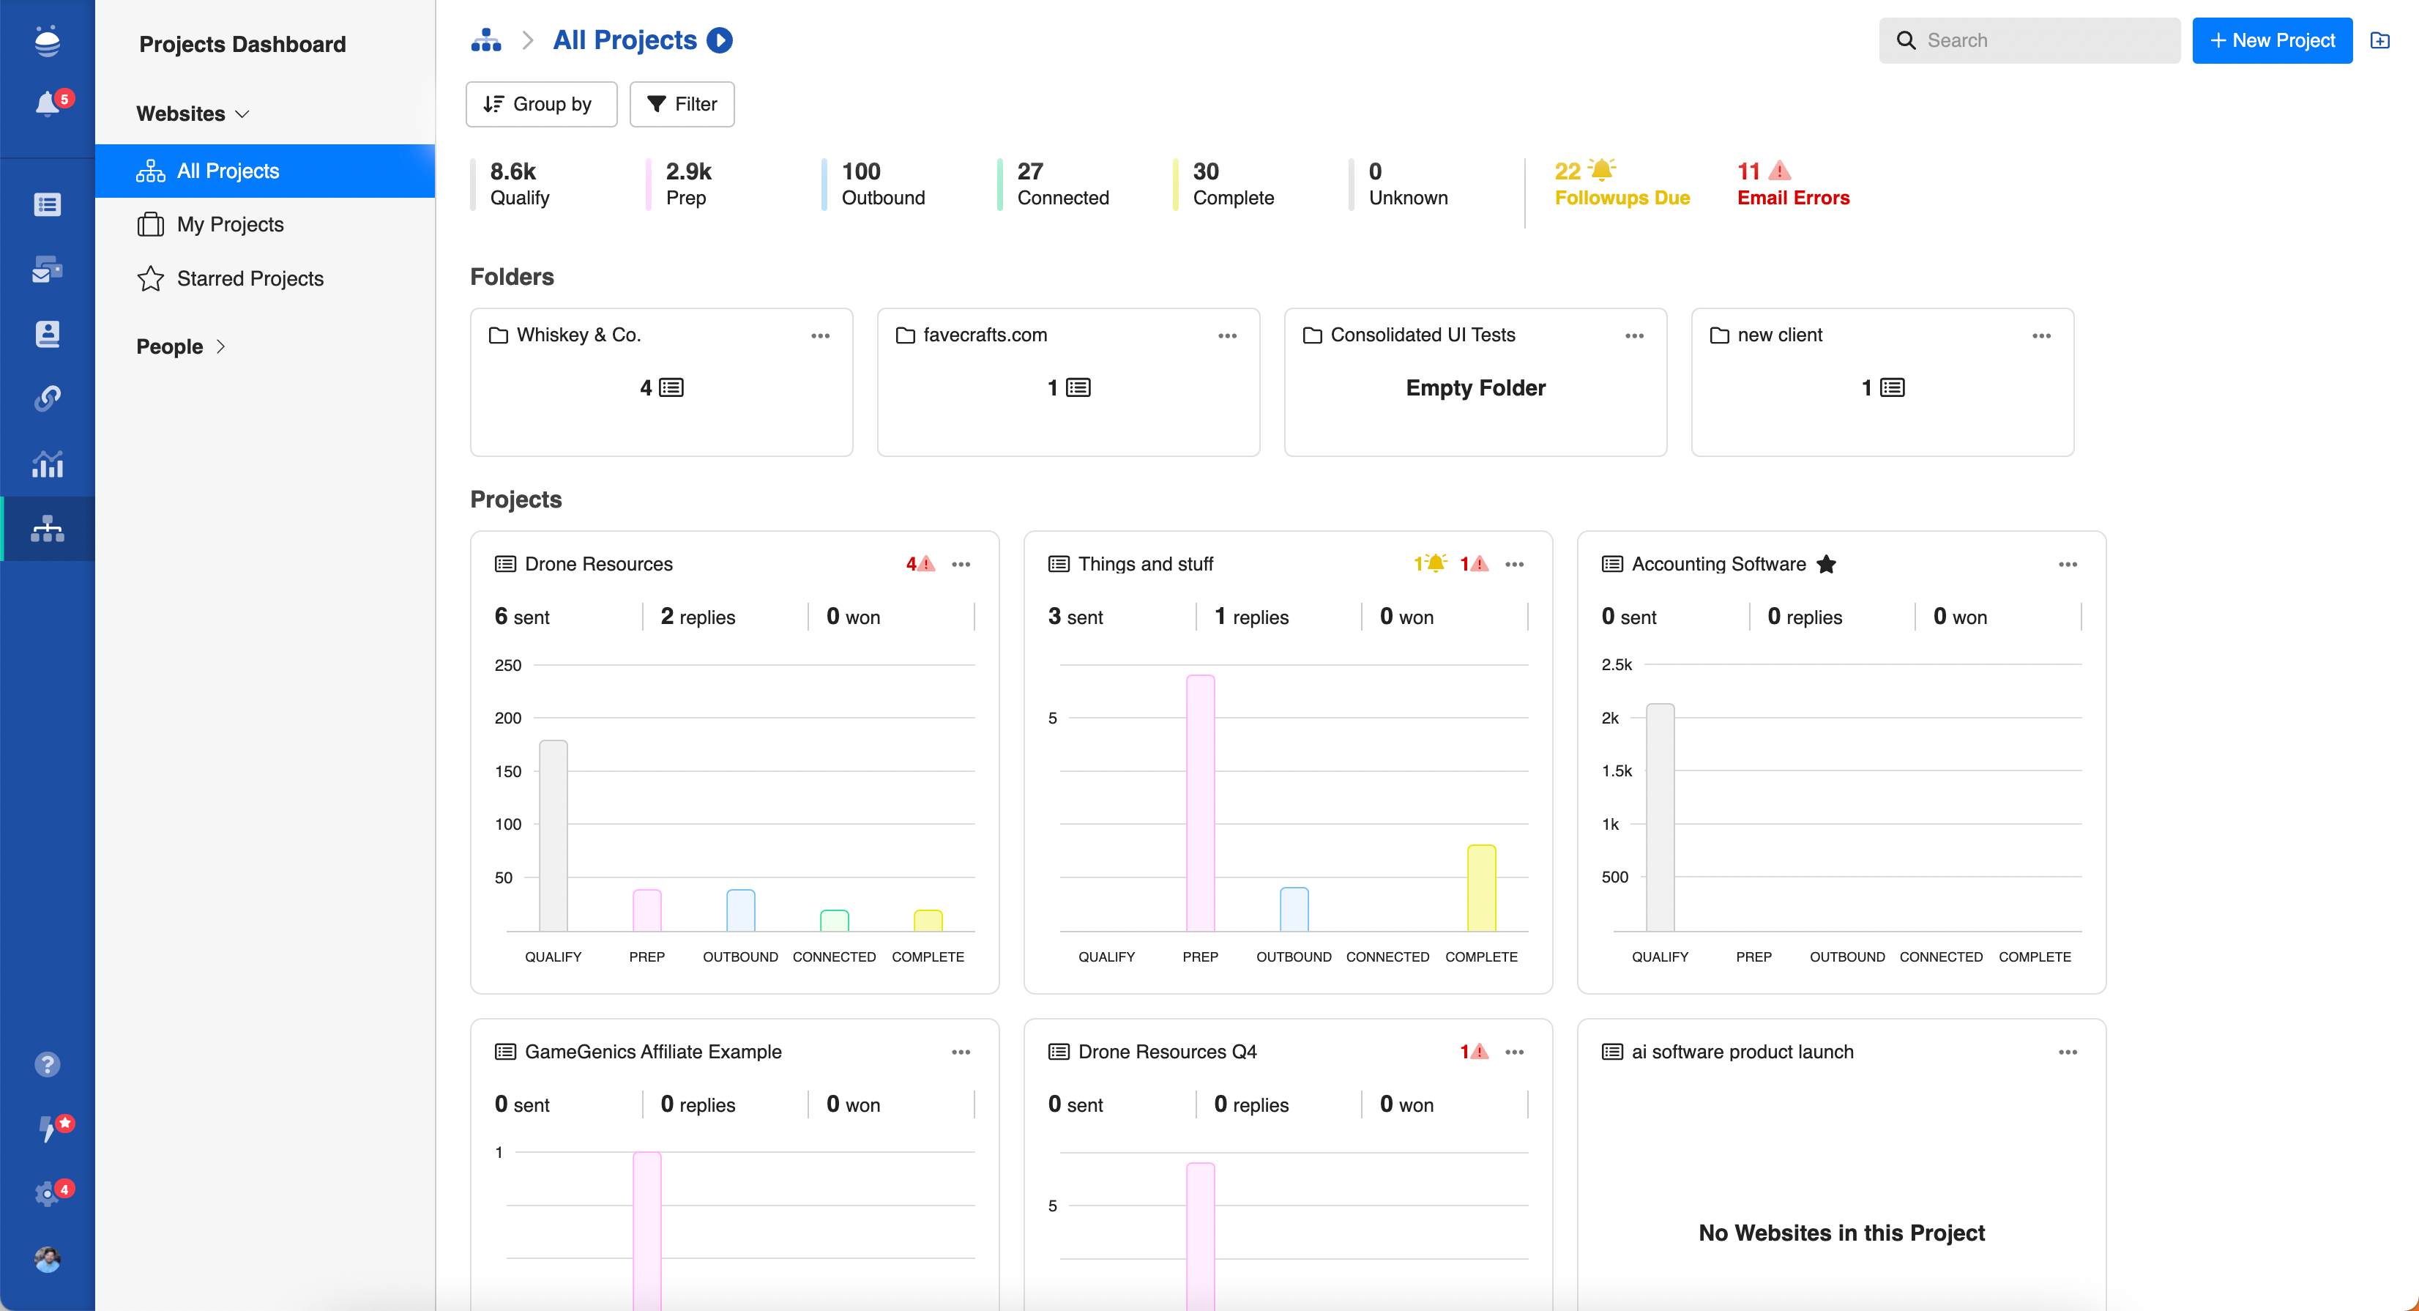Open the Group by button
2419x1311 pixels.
coord(540,104)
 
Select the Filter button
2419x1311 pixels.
coord(682,104)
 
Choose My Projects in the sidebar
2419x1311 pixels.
coord(230,224)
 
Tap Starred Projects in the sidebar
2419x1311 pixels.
coord(250,279)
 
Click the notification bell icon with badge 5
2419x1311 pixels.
coord(48,103)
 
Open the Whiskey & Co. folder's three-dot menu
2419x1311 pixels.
coord(820,336)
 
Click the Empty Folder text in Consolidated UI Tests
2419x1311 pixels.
coord(1475,388)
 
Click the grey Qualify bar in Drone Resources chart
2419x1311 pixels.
coord(553,835)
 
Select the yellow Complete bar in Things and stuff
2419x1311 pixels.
coord(1481,888)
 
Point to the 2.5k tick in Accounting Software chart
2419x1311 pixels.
coord(1616,665)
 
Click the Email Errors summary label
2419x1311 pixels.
coord(1792,198)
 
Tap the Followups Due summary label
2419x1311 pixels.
coord(1622,198)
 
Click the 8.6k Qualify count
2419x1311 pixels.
coord(512,172)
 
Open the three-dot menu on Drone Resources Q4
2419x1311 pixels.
coord(1514,1052)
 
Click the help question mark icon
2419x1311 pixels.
coord(48,1064)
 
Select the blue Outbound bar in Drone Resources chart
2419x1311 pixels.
coord(740,910)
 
